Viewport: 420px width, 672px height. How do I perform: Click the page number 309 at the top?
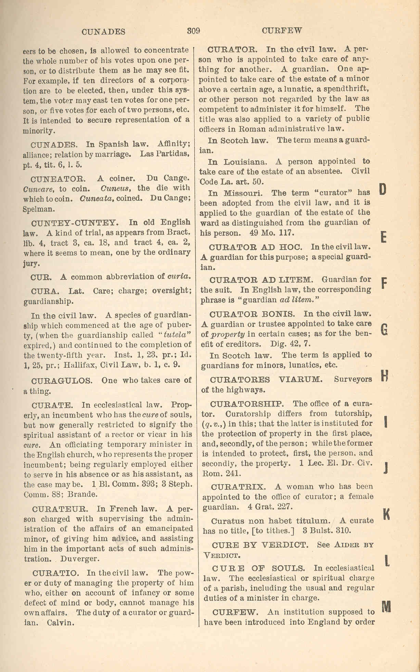tap(193, 30)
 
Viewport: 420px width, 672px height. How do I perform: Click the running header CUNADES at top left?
tap(103, 32)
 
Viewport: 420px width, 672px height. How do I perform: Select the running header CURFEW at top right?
tap(282, 30)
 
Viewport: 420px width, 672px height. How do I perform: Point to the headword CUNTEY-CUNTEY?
tap(75, 223)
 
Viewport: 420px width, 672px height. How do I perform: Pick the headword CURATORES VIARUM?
tap(266, 380)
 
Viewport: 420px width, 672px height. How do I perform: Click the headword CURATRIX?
tap(238, 487)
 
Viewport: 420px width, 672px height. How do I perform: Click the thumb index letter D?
tap(383, 189)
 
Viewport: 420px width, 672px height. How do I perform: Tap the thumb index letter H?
tap(384, 376)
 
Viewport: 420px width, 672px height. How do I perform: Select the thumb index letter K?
tap(386, 513)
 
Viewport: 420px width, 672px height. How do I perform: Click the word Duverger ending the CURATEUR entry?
tap(80, 559)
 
